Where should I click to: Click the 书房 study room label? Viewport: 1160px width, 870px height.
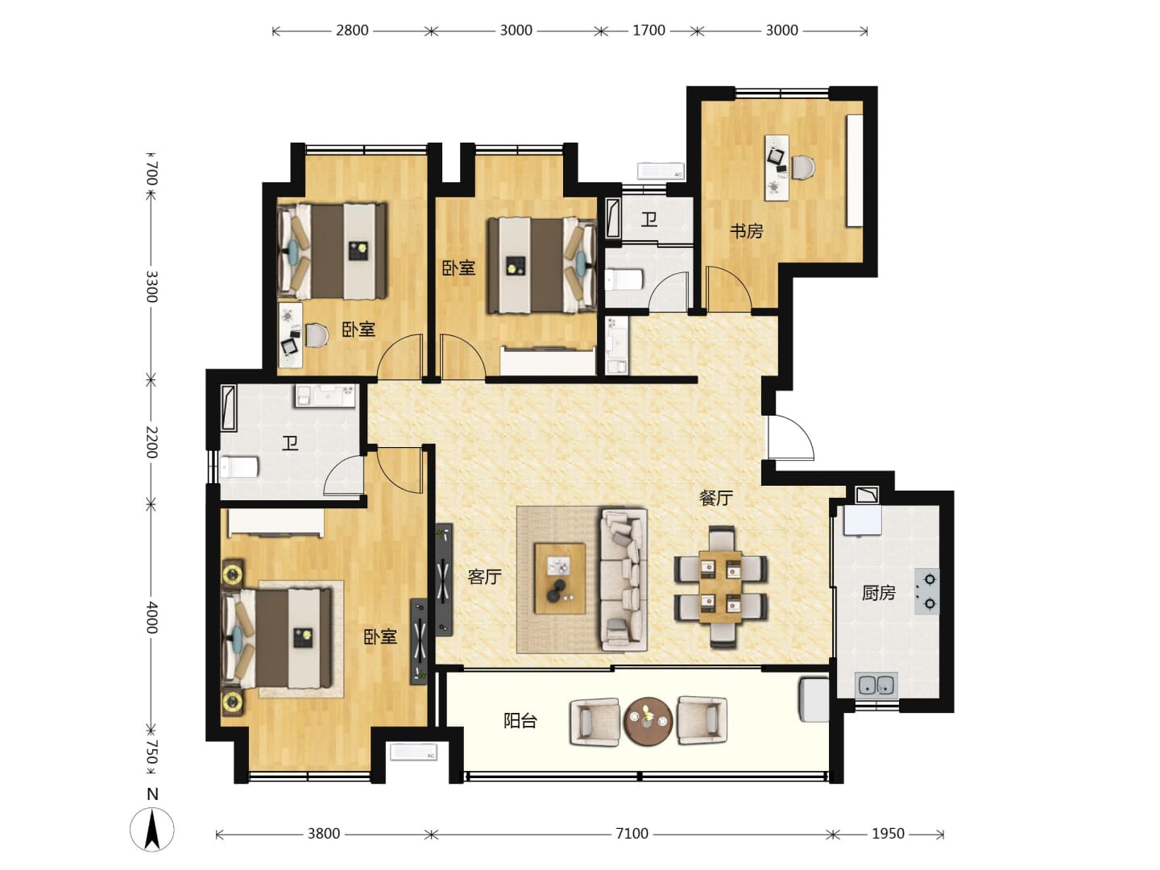pyautogui.click(x=746, y=231)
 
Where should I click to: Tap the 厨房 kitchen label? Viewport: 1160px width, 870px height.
pyautogui.click(x=878, y=593)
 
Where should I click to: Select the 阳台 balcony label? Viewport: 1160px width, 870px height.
pyautogui.click(x=520, y=720)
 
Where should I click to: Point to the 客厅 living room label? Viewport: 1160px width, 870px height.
pyautogui.click(x=484, y=577)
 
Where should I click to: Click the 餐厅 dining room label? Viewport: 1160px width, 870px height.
pyautogui.click(x=716, y=498)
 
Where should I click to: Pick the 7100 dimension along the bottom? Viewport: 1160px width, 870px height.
pyautogui.click(x=632, y=834)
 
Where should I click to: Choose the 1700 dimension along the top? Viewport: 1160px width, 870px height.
pyautogui.click(x=648, y=31)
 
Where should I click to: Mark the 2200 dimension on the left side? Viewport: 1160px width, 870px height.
pyautogui.click(x=151, y=441)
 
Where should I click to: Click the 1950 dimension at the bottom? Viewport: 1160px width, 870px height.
pyautogui.click(x=888, y=834)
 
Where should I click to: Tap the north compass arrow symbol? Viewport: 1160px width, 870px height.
pyautogui.click(x=152, y=830)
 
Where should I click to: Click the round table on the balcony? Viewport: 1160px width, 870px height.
pyautogui.click(x=648, y=721)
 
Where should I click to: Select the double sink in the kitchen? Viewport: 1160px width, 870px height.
pyautogui.click(x=876, y=686)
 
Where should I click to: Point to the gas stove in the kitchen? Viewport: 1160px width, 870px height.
pyautogui.click(x=927, y=591)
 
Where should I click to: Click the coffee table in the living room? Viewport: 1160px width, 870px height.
pyautogui.click(x=560, y=578)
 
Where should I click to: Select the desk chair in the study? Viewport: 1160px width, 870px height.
pyautogui.click(x=802, y=168)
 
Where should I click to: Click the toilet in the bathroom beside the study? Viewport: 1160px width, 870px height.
pyautogui.click(x=623, y=280)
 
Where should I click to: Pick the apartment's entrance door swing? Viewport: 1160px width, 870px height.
pyautogui.click(x=790, y=437)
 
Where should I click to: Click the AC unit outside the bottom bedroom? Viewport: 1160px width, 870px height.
pyautogui.click(x=413, y=752)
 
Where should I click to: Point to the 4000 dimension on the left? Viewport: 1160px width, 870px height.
pyautogui.click(x=151, y=618)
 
